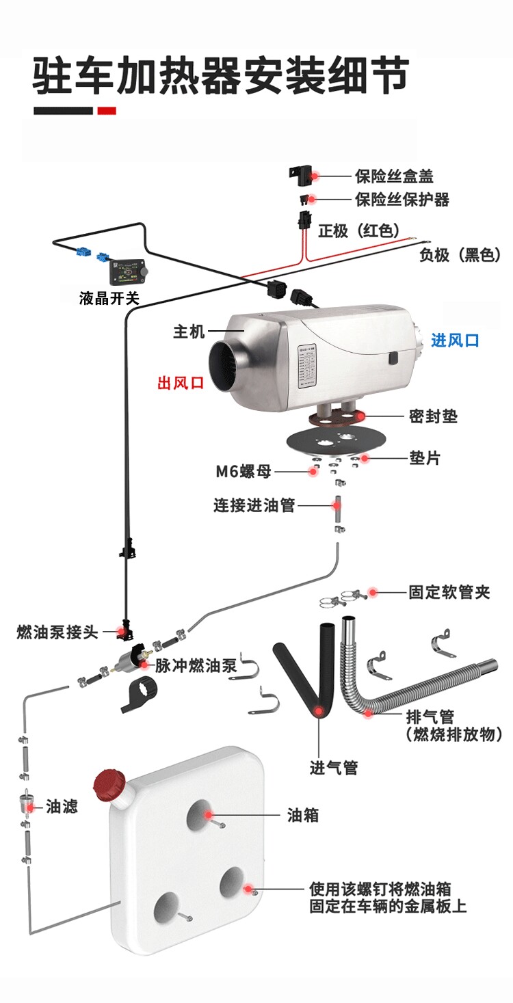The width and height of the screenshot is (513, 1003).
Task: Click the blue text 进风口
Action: (455, 340)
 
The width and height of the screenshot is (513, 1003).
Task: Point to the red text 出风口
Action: (181, 383)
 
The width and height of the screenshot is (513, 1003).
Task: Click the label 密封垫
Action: (433, 416)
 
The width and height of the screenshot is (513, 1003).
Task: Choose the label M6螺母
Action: (244, 471)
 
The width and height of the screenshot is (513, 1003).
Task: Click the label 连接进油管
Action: (254, 505)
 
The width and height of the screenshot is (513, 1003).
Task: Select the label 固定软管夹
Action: (449, 592)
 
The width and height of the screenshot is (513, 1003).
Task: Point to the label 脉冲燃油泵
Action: (196, 665)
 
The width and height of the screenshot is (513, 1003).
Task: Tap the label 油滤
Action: (62, 807)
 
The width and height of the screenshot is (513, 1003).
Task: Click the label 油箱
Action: (302, 816)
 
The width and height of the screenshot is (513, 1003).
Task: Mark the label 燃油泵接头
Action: (57, 632)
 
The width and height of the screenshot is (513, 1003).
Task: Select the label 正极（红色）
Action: (359, 230)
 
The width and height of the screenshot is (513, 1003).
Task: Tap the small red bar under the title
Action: (107, 111)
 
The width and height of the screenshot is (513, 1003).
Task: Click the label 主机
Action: (189, 332)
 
